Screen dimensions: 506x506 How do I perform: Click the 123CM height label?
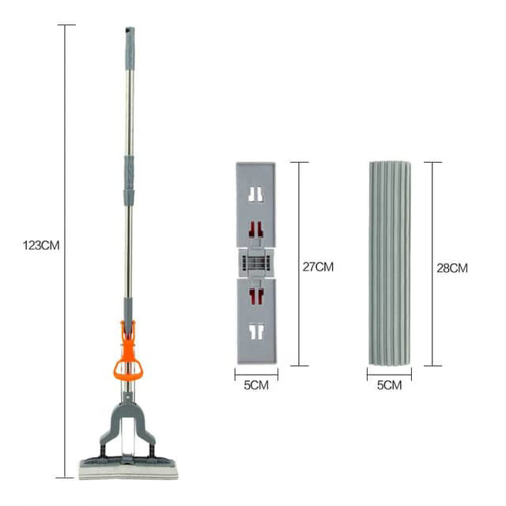pyautogui.click(x=41, y=246)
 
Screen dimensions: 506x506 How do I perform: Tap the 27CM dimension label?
pyautogui.click(x=318, y=267)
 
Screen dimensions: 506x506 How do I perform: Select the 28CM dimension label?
pyautogui.click(x=452, y=268)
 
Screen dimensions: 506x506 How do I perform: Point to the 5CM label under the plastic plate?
pyautogui.click(x=256, y=385)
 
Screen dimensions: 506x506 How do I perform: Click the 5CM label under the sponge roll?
pyautogui.click(x=390, y=385)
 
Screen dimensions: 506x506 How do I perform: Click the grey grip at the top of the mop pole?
pyautogui.click(x=130, y=48)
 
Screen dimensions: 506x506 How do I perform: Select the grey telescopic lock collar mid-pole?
pyautogui.click(x=129, y=180)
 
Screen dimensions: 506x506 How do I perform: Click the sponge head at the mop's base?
pyautogui.click(x=128, y=469)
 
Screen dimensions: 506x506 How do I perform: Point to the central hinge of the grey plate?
pyautogui.click(x=256, y=262)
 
